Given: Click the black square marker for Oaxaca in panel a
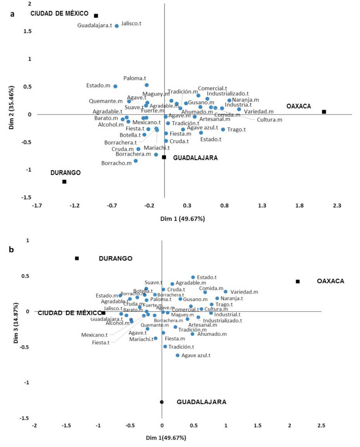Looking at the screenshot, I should pos(324,112).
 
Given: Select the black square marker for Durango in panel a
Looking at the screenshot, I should pos(64,182).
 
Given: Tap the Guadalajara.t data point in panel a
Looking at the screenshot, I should pos(117,26).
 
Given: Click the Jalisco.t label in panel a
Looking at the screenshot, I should pos(131,24).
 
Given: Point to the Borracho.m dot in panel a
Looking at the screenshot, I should pos(135,161).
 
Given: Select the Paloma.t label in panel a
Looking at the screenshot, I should pos(135,78).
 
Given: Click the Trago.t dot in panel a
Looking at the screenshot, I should pos(223,129).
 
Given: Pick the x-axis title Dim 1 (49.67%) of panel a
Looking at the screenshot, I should pos(182,219).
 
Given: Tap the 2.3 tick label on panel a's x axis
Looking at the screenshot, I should pos(337,206).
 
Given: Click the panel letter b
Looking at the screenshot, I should pos(12,250).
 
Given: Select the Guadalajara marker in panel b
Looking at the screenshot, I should pos(162,402).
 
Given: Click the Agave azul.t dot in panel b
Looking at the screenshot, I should pos(178,355).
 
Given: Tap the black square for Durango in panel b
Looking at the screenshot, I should pos(77,258).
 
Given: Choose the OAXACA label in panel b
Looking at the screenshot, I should pos(330,281).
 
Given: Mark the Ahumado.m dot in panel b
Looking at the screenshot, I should pos(192,334).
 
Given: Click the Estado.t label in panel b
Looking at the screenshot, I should pos(207,277).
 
